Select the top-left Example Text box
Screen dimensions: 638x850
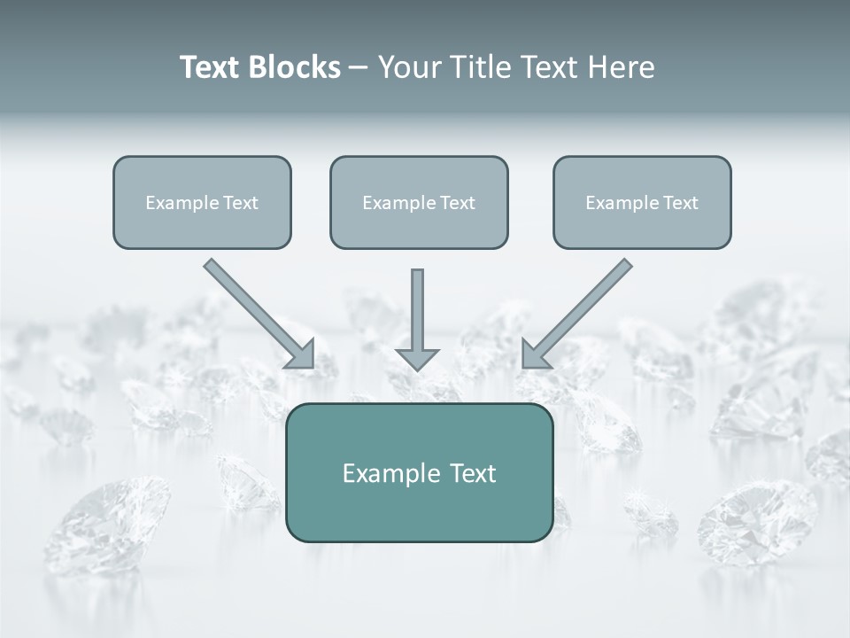click(x=202, y=202)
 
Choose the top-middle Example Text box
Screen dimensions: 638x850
click(x=419, y=202)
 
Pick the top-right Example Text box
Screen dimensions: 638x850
click(x=642, y=202)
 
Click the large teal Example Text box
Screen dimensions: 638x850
click(x=419, y=472)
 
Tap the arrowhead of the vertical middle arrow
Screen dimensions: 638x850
click(x=417, y=358)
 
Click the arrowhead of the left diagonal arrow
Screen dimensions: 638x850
click(x=300, y=354)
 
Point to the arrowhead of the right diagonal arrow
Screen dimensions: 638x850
click(x=535, y=354)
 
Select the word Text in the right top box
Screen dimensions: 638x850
click(x=680, y=203)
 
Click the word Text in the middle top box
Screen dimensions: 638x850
click(x=457, y=203)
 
